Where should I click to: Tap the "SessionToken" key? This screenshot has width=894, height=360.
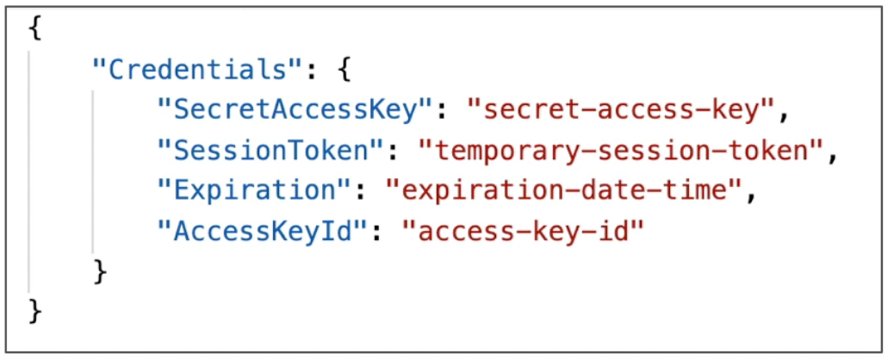coord(270,151)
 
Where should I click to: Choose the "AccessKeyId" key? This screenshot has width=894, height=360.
coord(262,232)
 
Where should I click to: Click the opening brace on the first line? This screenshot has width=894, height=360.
coord(35,29)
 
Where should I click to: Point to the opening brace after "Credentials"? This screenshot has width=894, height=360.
coord(343,70)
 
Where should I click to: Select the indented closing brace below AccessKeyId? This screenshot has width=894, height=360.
coord(100,272)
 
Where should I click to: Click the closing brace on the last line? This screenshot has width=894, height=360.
coord(35,312)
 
